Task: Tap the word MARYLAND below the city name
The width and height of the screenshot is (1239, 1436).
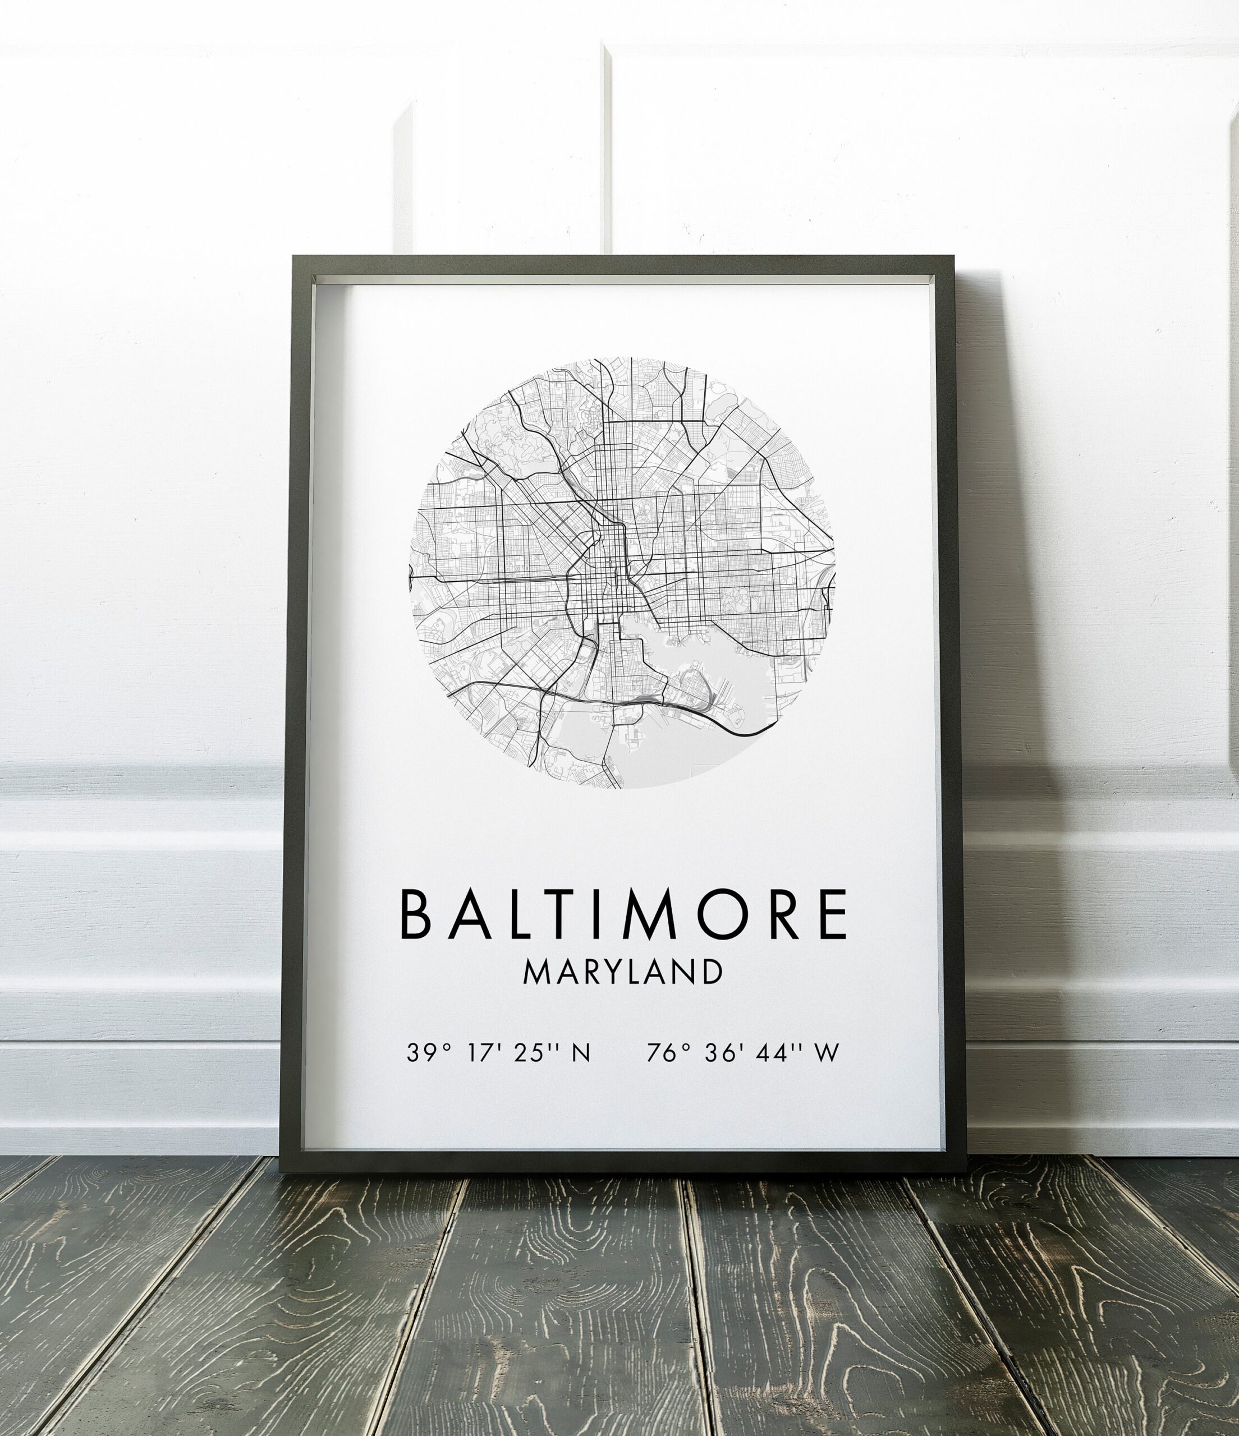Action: click(x=622, y=972)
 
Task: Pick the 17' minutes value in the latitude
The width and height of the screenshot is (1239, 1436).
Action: click(x=484, y=1053)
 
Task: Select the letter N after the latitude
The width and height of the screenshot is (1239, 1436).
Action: click(x=580, y=1053)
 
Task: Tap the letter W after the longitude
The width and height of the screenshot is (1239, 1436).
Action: click(x=827, y=1053)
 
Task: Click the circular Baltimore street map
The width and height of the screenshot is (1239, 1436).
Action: click(x=622, y=573)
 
